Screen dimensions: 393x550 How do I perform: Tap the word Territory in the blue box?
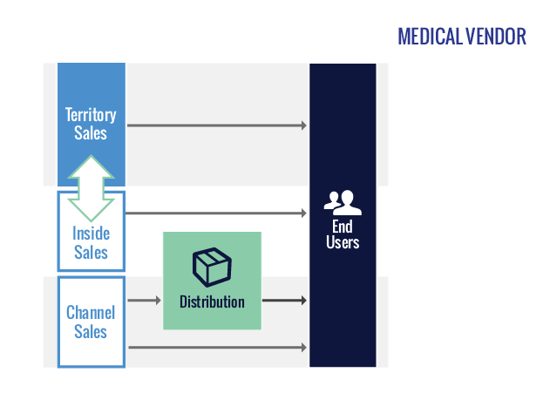pyautogui.click(x=91, y=115)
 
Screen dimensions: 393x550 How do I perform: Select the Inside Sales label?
pyautogui.click(x=91, y=243)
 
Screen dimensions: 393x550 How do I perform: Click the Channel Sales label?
pyautogui.click(x=91, y=322)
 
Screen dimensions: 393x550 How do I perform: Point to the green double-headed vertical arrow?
pyautogui.click(x=92, y=188)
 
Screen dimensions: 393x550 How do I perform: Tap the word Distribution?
pyautogui.click(x=212, y=302)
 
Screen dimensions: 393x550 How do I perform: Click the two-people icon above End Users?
pyautogui.click(x=343, y=202)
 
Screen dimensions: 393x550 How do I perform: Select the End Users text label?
pyautogui.click(x=343, y=234)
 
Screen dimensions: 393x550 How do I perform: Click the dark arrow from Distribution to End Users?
pyautogui.click(x=284, y=301)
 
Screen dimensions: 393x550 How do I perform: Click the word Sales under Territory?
pyautogui.click(x=91, y=133)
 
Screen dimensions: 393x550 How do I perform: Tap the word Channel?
pyautogui.click(x=91, y=312)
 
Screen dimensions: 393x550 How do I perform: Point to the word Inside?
pyautogui.click(x=91, y=234)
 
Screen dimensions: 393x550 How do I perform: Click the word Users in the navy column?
pyautogui.click(x=343, y=242)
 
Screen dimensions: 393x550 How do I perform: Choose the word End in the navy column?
pyautogui.click(x=343, y=226)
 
